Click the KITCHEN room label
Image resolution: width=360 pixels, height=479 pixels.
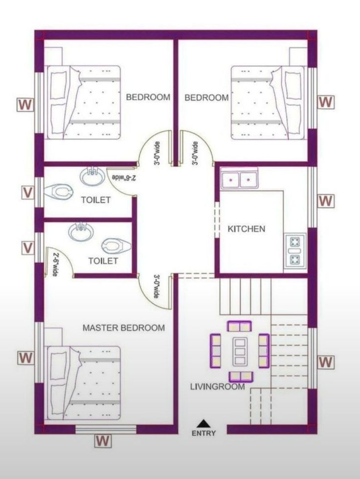(247, 229)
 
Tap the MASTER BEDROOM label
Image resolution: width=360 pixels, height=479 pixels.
(124, 328)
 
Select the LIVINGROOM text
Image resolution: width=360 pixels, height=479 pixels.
(217, 387)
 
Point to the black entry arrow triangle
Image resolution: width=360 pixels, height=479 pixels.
(203, 423)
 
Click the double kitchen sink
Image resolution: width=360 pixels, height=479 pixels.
(240, 180)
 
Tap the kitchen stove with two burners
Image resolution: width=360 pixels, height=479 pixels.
(294, 251)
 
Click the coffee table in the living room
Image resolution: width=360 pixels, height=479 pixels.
(239, 351)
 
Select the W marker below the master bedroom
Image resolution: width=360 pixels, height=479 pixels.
(103, 441)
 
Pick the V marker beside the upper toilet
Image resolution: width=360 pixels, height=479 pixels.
(28, 193)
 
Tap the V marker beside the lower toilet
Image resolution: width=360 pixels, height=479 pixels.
(28, 247)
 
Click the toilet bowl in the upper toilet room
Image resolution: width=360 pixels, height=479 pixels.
(59, 191)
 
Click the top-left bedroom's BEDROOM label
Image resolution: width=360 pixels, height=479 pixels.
(148, 97)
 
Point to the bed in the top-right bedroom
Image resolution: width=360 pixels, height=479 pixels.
(268, 103)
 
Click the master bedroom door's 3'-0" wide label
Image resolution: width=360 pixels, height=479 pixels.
(156, 287)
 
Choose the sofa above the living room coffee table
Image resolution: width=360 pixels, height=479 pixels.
(240, 326)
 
